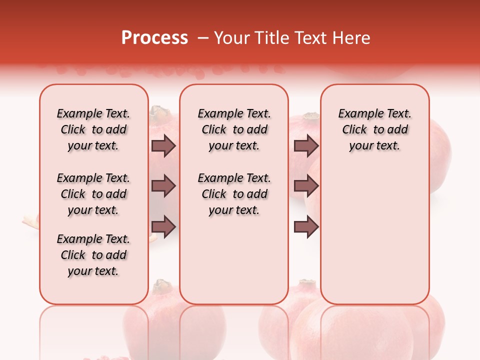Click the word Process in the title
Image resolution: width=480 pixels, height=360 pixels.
click(x=154, y=38)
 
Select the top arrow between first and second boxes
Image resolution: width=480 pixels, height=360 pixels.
click(x=163, y=145)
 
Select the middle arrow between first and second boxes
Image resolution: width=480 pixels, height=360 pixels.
click(x=163, y=186)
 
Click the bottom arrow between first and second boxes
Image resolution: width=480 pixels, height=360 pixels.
click(x=163, y=226)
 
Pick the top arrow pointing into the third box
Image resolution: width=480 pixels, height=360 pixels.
click(x=306, y=145)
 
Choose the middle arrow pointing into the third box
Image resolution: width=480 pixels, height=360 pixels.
click(x=306, y=186)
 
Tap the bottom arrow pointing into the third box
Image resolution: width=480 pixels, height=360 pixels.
click(x=306, y=226)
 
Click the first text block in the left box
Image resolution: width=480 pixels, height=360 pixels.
click(x=93, y=129)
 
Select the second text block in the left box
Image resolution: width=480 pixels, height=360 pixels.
click(x=93, y=194)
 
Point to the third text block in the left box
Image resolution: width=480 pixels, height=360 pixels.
click(x=93, y=255)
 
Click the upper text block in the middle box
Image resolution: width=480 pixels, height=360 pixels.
click(x=234, y=129)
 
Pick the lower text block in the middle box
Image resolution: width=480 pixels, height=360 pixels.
click(x=234, y=194)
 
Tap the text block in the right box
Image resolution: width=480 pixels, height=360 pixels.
click(x=374, y=129)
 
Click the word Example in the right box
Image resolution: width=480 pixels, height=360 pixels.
click(x=356, y=114)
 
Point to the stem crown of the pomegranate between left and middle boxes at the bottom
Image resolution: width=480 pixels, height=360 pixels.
click(x=162, y=286)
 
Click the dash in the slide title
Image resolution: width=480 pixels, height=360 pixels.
click(x=202, y=38)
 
